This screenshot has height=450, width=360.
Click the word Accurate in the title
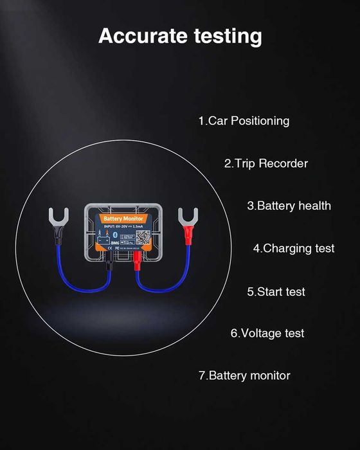pyautogui.click(x=134, y=36)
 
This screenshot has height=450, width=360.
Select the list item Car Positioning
pyautogui.click(x=244, y=121)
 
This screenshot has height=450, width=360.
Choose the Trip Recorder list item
pyautogui.click(x=265, y=163)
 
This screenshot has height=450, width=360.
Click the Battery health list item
pyautogui.click(x=289, y=206)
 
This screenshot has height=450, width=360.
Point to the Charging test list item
pyautogui.click(x=294, y=248)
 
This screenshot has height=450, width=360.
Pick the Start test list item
pyautogui.click(x=276, y=291)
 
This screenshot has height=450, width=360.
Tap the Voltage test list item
pyautogui.click(x=267, y=333)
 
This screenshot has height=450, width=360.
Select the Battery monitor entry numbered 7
pyautogui.click(x=244, y=375)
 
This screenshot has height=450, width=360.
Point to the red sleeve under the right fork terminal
pyautogui.click(x=188, y=237)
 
